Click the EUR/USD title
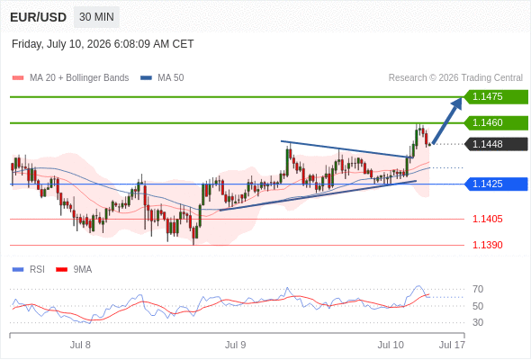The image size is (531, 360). (39, 17)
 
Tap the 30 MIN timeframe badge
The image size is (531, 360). (96, 17)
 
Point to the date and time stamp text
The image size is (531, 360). (103, 44)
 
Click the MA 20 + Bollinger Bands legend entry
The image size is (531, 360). (70, 78)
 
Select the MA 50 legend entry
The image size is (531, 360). (162, 78)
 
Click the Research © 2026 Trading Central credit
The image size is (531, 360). (455, 78)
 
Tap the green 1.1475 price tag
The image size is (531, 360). (496, 97)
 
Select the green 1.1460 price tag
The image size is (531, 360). (496, 122)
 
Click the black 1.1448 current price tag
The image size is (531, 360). (496, 144)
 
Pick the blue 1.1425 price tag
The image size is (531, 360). (496, 184)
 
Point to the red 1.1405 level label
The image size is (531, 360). (487, 219)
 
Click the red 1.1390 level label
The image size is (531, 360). (487, 245)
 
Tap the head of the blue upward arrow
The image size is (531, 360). (461, 98)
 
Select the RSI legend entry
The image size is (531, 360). (29, 270)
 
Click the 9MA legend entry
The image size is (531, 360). (74, 270)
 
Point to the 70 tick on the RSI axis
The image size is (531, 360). (478, 289)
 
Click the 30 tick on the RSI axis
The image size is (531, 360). (478, 322)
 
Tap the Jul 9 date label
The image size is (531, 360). (236, 345)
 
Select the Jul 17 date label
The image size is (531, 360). (452, 345)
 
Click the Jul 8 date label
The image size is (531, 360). (80, 345)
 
